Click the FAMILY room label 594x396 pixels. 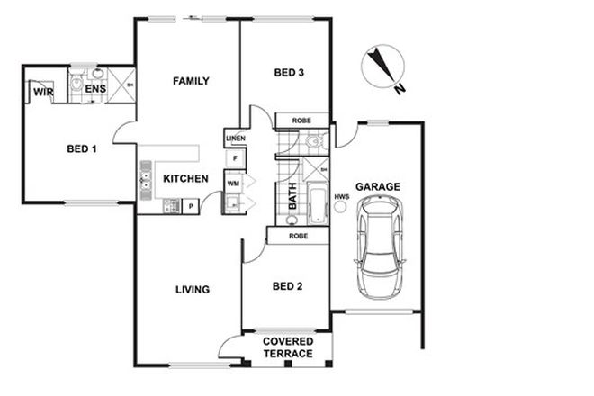[191, 81]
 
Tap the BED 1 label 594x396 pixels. [81, 149]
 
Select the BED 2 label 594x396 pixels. [286, 287]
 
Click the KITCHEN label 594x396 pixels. [186, 179]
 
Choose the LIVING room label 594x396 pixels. [192, 290]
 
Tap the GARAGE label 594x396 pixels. [378, 187]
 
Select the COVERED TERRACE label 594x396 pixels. [287, 347]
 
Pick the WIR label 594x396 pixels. [42, 91]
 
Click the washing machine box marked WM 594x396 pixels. [233, 183]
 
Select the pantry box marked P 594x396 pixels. [191, 207]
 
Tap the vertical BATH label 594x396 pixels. [292, 198]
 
